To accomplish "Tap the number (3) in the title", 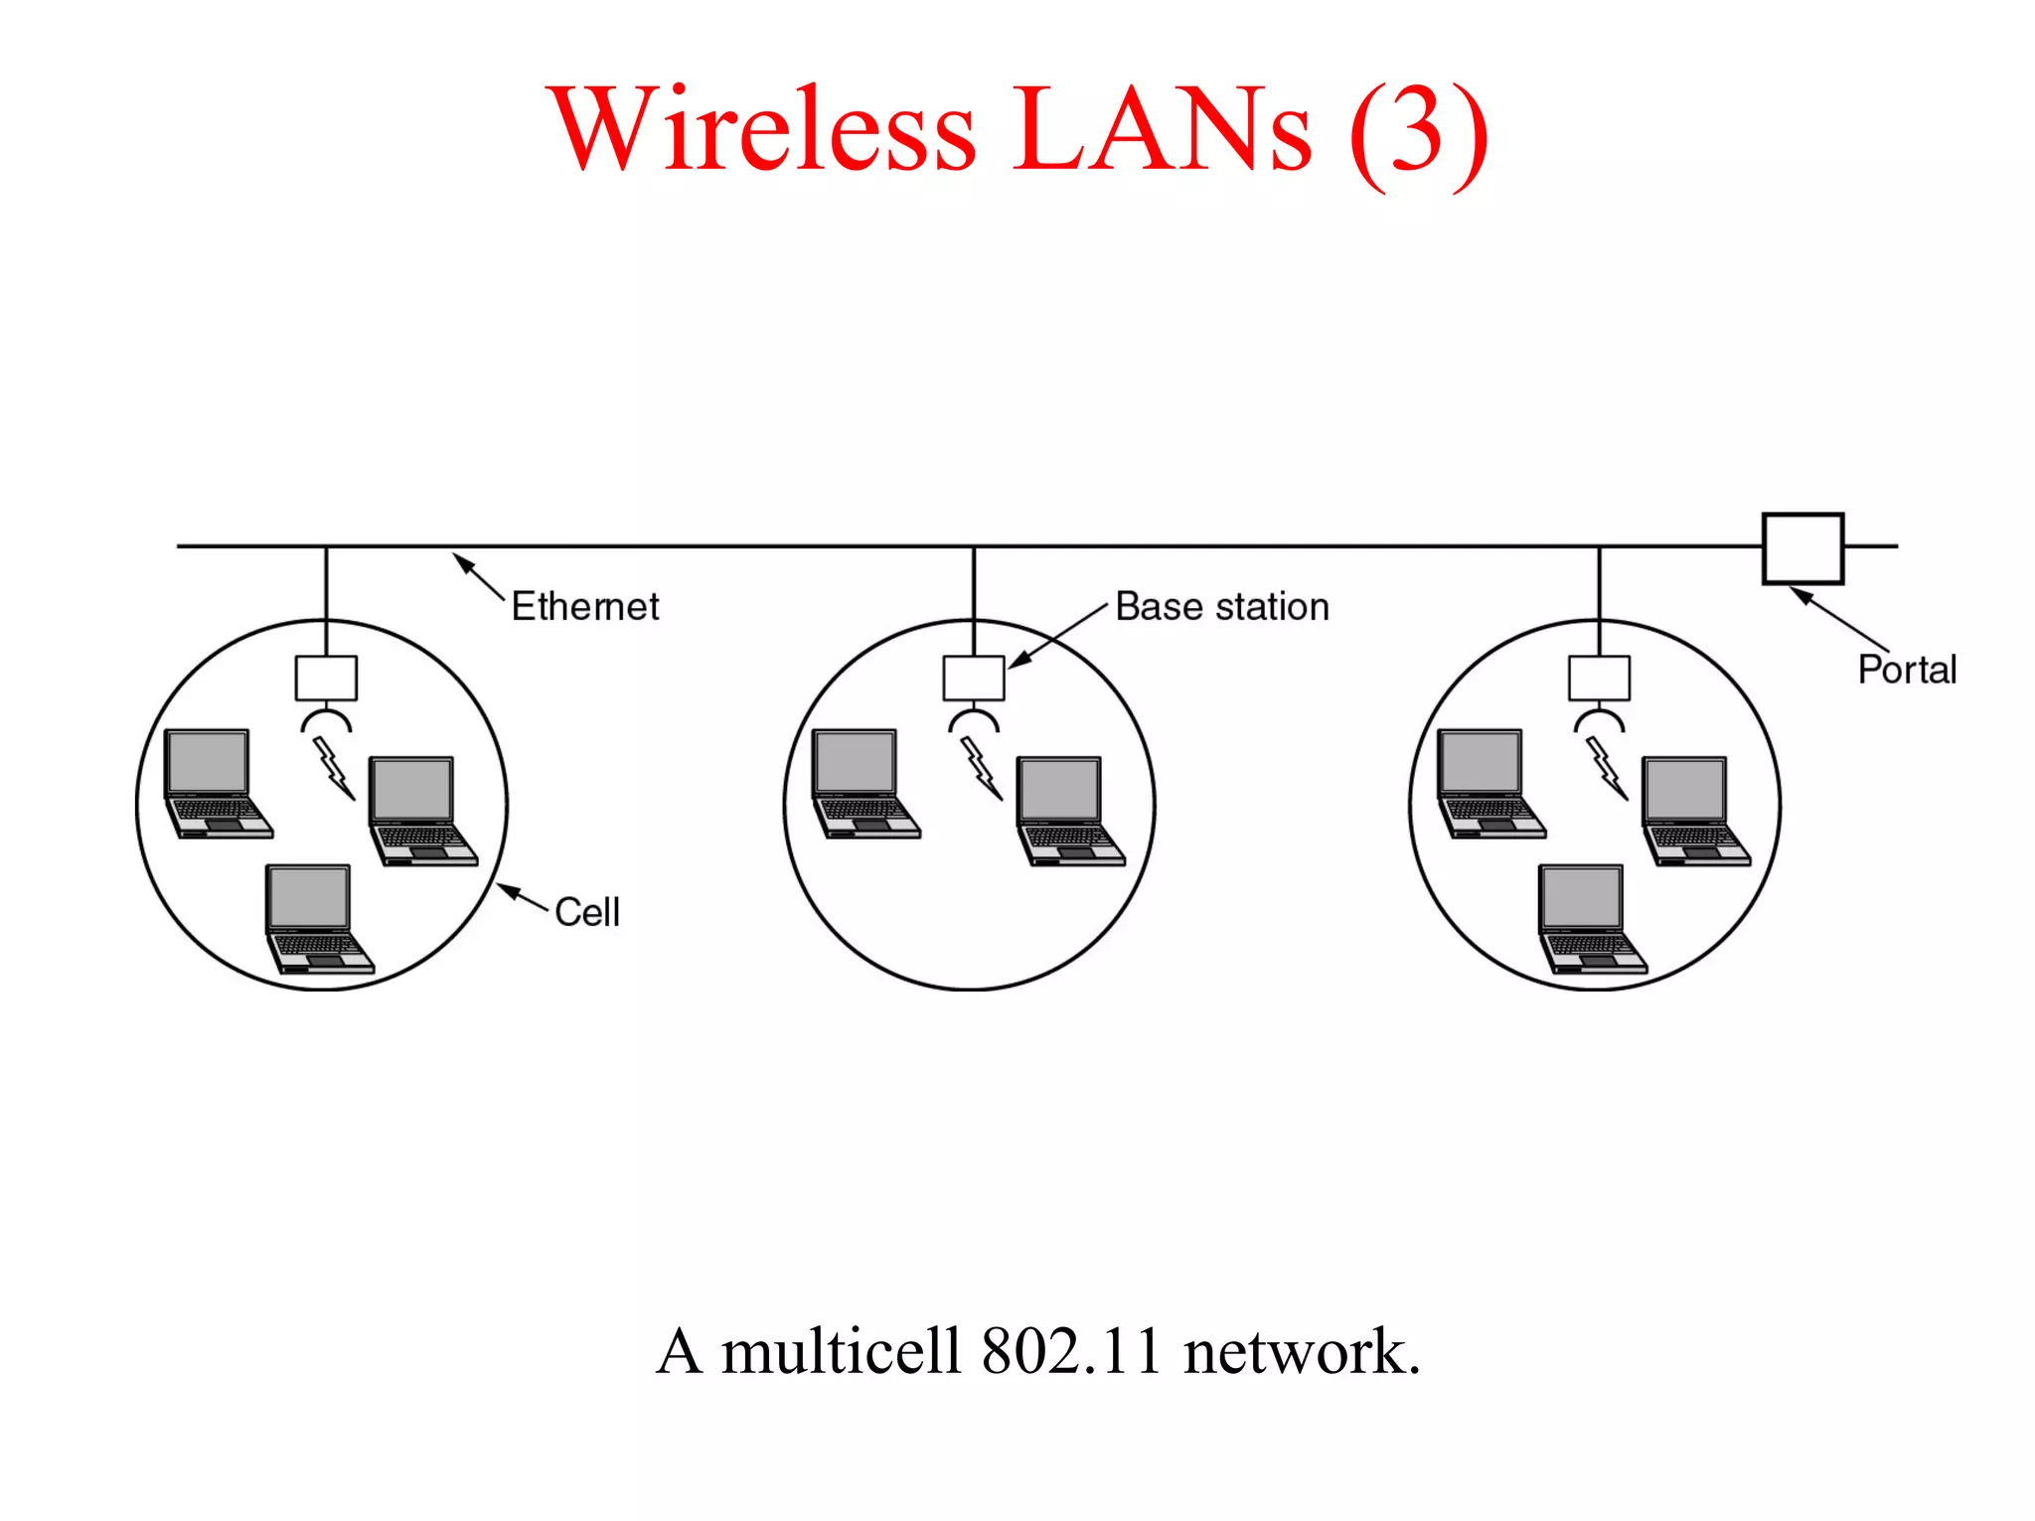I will click(1418, 133).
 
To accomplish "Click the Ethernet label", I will click(584, 606).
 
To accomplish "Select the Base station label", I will click(1221, 606).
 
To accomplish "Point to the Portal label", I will click(1906, 670).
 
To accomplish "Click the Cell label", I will click(586, 912).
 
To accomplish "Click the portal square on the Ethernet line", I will click(1801, 548).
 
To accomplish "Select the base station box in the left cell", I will click(326, 678).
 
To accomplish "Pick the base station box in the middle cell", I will click(973, 678).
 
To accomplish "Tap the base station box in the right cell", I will click(1599, 678).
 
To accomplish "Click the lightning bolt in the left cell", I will click(334, 767).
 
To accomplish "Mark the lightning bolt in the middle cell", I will click(981, 767).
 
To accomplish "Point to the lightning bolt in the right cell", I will click(1607, 767).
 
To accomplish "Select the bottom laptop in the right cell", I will click(1591, 919).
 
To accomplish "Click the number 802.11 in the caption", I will click(1070, 1352).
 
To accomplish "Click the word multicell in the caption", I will click(841, 1352).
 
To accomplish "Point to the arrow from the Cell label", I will click(523, 895).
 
